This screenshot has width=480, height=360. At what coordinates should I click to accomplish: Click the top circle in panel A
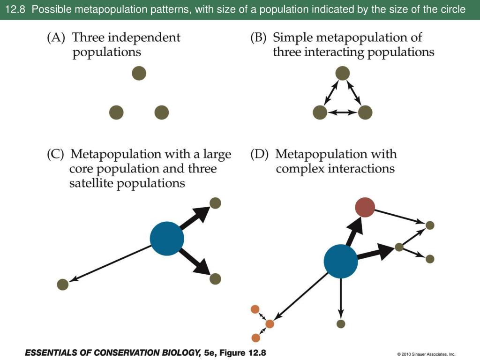(139, 73)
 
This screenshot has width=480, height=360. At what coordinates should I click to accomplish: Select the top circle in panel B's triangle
(343, 73)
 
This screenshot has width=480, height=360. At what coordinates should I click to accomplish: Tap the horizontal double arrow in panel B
(342, 112)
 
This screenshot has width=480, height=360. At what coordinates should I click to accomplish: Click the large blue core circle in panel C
(167, 239)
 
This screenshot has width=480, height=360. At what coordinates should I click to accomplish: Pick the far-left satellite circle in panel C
(62, 284)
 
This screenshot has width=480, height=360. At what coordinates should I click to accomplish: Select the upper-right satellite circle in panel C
(215, 203)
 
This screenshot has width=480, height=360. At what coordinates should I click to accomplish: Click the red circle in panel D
(365, 207)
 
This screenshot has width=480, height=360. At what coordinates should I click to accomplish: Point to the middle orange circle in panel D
(270, 323)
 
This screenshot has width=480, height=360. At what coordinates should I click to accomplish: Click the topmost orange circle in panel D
(255, 309)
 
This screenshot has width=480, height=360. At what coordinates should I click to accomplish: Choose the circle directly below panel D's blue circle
(341, 323)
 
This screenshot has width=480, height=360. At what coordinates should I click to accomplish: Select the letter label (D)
(260, 154)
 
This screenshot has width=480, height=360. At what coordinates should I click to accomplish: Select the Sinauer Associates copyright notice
(426, 354)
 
